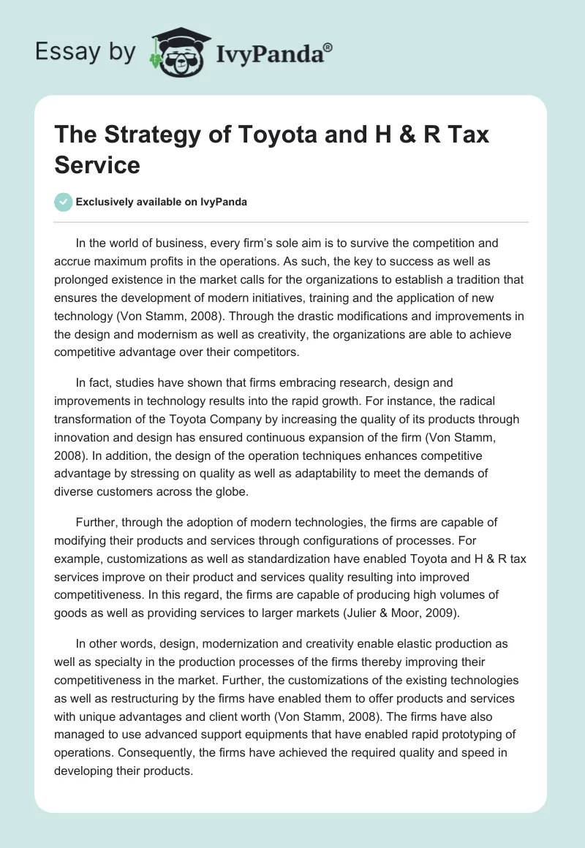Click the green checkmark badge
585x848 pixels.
pos(64,202)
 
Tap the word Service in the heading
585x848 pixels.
pos(97,164)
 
